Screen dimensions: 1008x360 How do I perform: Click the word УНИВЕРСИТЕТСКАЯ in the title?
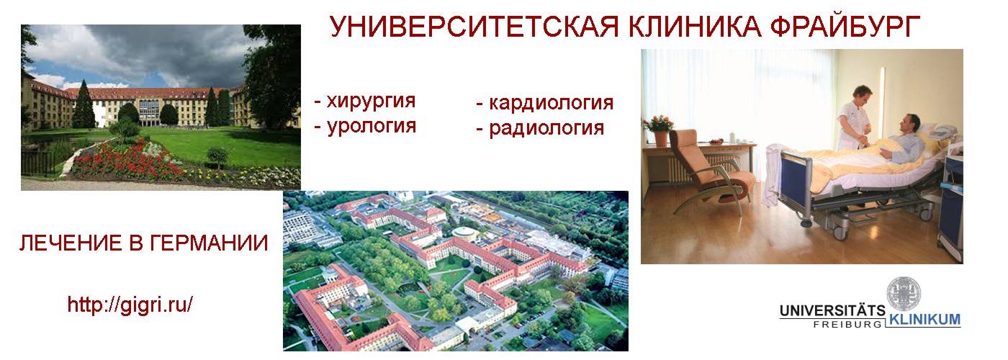click(x=474, y=27)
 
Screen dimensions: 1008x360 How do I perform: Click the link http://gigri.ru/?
click(x=130, y=305)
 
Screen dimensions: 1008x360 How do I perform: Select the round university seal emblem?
click(x=903, y=294)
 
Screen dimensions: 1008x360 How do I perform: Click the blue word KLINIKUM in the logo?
click(x=924, y=320)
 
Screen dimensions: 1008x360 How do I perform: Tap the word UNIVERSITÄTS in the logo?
click(x=832, y=310)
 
